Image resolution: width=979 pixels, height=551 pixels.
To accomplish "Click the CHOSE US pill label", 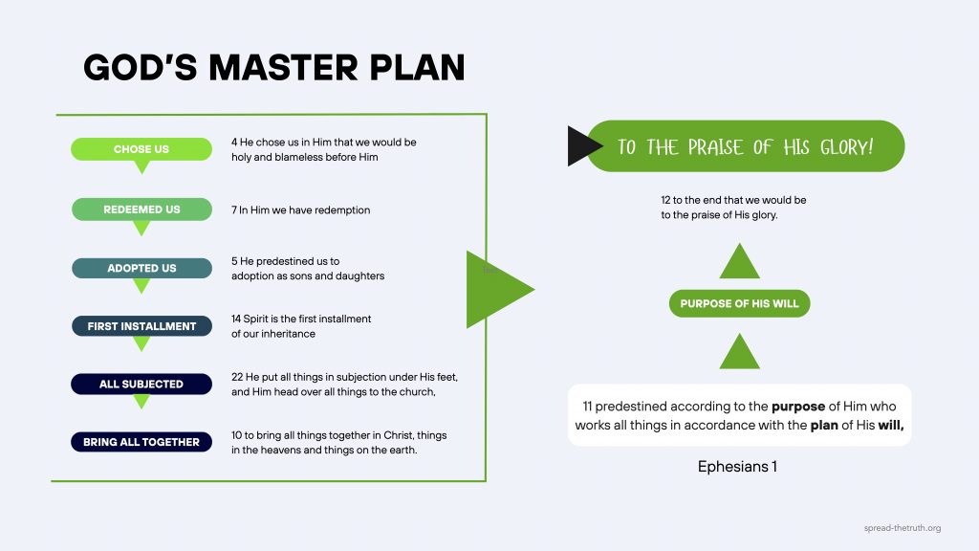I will (x=141, y=149).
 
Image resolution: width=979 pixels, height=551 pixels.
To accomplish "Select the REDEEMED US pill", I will (x=141, y=209).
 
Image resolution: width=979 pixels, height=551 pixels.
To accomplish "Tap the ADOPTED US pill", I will (x=141, y=269).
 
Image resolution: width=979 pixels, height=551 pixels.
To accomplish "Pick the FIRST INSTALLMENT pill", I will (x=141, y=326).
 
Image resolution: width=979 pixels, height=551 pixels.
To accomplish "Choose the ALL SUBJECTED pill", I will (x=141, y=384).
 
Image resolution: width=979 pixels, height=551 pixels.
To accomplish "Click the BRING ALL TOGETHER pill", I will (x=141, y=442).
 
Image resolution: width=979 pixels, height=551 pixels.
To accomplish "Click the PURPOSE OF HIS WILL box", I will (x=739, y=304).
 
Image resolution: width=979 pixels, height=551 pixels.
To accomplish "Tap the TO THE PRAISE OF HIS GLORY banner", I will (x=746, y=146).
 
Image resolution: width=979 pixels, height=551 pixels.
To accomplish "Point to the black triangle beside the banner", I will (x=581, y=146).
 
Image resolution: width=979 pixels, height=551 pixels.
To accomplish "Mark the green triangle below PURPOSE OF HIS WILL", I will (x=739, y=353).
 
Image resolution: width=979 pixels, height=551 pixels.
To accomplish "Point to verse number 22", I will (x=237, y=376).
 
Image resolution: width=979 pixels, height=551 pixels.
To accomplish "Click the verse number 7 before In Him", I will (x=234, y=209).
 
